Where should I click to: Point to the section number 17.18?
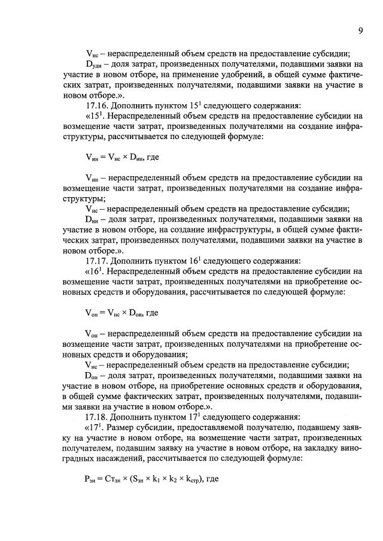coord(99,416)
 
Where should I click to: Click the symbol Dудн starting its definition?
coord(95,62)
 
